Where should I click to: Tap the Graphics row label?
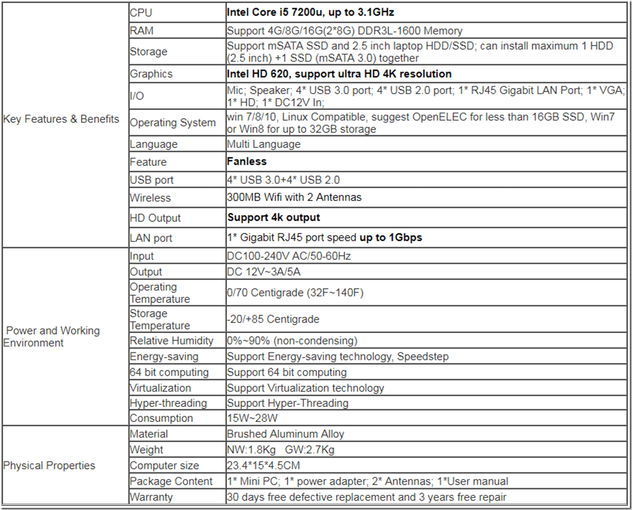[x=151, y=74]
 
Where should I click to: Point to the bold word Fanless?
[x=247, y=161]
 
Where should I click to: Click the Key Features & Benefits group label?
[x=61, y=119]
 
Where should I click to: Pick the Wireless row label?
[x=150, y=198]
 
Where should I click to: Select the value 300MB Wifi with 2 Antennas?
[x=294, y=197]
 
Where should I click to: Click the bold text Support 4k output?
[x=274, y=217]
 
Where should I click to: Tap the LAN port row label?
[x=151, y=238]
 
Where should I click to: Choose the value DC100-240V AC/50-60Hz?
[x=289, y=256]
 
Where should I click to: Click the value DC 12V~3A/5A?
[x=266, y=272]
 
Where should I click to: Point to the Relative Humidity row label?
[x=172, y=341]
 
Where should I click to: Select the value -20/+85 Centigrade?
[x=273, y=319]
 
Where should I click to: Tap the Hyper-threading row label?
[x=168, y=403]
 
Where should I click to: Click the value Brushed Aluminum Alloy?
[x=286, y=434]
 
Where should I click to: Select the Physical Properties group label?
[x=50, y=465]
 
